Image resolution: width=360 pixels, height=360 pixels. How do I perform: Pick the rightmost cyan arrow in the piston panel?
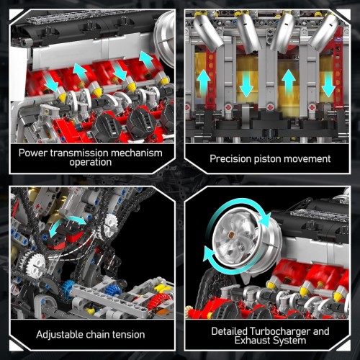tap(328, 86)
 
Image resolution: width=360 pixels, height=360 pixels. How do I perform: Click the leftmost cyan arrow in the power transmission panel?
tap(51, 82)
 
